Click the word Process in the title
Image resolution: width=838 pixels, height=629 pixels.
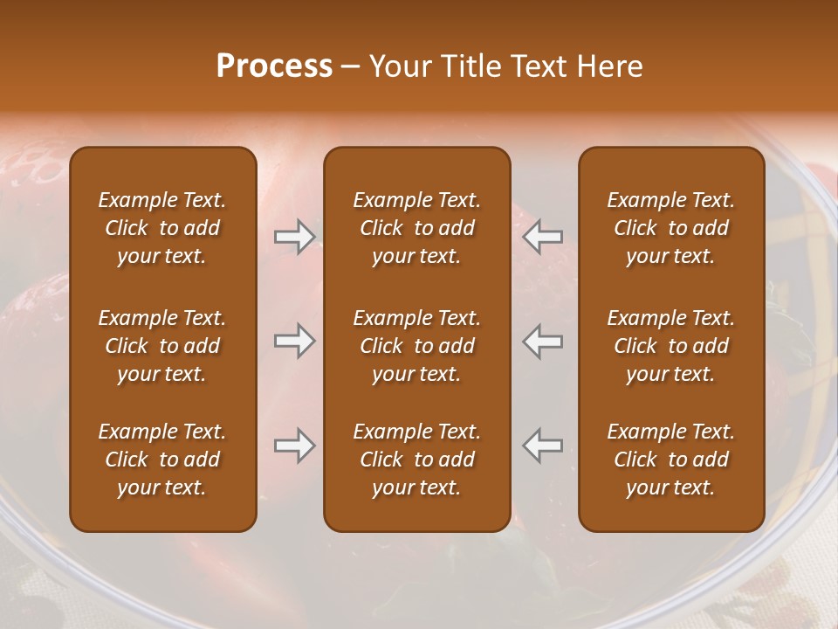tap(274, 66)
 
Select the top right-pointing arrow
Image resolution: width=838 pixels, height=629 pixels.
tap(294, 236)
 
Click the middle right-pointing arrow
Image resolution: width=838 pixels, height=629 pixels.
tap(294, 340)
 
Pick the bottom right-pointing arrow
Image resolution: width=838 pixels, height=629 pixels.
tap(294, 446)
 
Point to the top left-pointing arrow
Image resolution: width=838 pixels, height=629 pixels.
tap(543, 236)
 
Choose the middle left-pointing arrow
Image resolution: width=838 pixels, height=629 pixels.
tap(543, 340)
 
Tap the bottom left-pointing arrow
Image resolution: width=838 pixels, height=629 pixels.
tap(543, 446)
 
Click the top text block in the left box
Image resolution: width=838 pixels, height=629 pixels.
tap(162, 228)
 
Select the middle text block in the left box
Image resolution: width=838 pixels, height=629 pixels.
tap(162, 346)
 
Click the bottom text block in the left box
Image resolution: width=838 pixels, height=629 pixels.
tap(162, 460)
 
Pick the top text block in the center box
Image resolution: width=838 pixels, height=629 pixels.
tap(416, 228)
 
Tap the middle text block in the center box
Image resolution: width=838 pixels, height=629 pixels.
tap(416, 346)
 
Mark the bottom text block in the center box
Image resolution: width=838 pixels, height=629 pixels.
tap(416, 460)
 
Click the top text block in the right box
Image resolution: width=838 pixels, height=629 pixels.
tap(670, 228)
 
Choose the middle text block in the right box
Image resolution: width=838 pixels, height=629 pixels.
tap(670, 346)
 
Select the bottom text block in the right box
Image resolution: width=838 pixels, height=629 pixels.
tap(670, 460)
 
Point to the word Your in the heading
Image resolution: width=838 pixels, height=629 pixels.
tap(400, 66)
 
